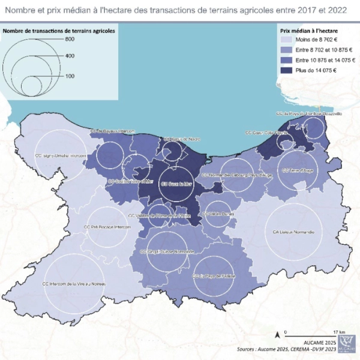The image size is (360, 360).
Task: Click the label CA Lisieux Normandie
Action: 293,232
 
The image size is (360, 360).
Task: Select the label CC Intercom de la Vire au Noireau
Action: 74,283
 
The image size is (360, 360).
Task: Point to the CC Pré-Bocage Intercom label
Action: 107,227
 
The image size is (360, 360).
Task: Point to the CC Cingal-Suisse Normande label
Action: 167,251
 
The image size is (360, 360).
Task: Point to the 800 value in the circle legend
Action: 70,39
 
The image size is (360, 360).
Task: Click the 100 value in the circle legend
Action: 70,76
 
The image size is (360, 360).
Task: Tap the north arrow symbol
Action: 277,333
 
